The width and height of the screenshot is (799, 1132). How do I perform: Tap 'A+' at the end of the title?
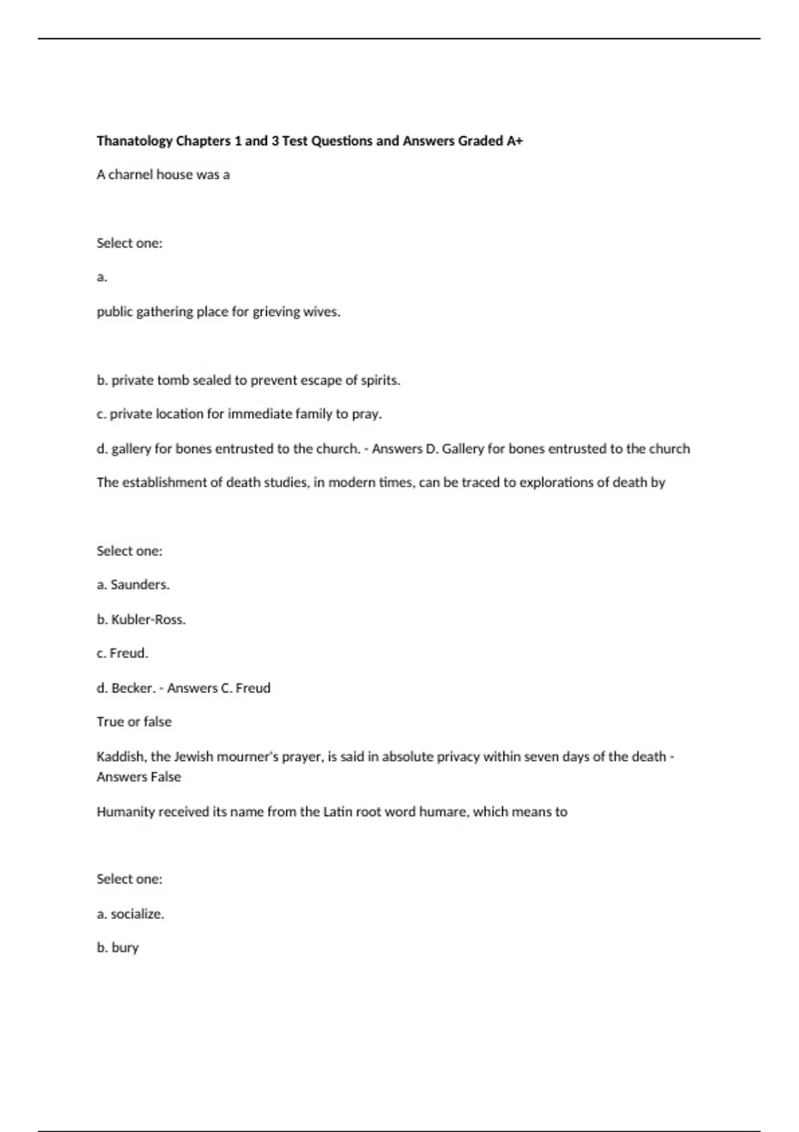[515, 141]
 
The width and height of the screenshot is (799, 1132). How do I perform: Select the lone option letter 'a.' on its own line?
[102, 277]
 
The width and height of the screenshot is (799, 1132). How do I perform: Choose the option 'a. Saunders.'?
[133, 585]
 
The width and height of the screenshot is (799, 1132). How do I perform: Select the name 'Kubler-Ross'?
[148, 619]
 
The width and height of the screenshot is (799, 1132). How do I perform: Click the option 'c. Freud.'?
[123, 653]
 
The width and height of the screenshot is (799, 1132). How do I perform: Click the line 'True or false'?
[134, 722]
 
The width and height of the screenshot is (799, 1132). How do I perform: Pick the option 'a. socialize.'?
[131, 914]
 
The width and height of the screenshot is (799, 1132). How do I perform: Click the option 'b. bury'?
[118, 948]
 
